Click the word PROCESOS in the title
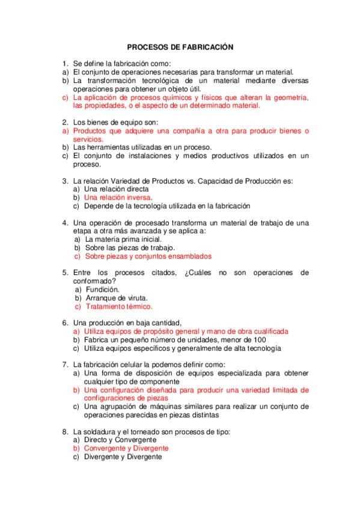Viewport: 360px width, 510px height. coord(148,46)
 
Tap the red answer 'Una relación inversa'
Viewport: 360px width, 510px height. coord(118,197)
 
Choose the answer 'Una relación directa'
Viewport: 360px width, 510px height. coord(116,189)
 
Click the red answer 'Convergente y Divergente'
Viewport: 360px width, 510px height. coord(126,448)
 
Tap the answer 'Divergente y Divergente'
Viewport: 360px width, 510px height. coord(123,457)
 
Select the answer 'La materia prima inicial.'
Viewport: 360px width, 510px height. coord(123,239)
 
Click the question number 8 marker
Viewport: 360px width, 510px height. coord(64,431)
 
